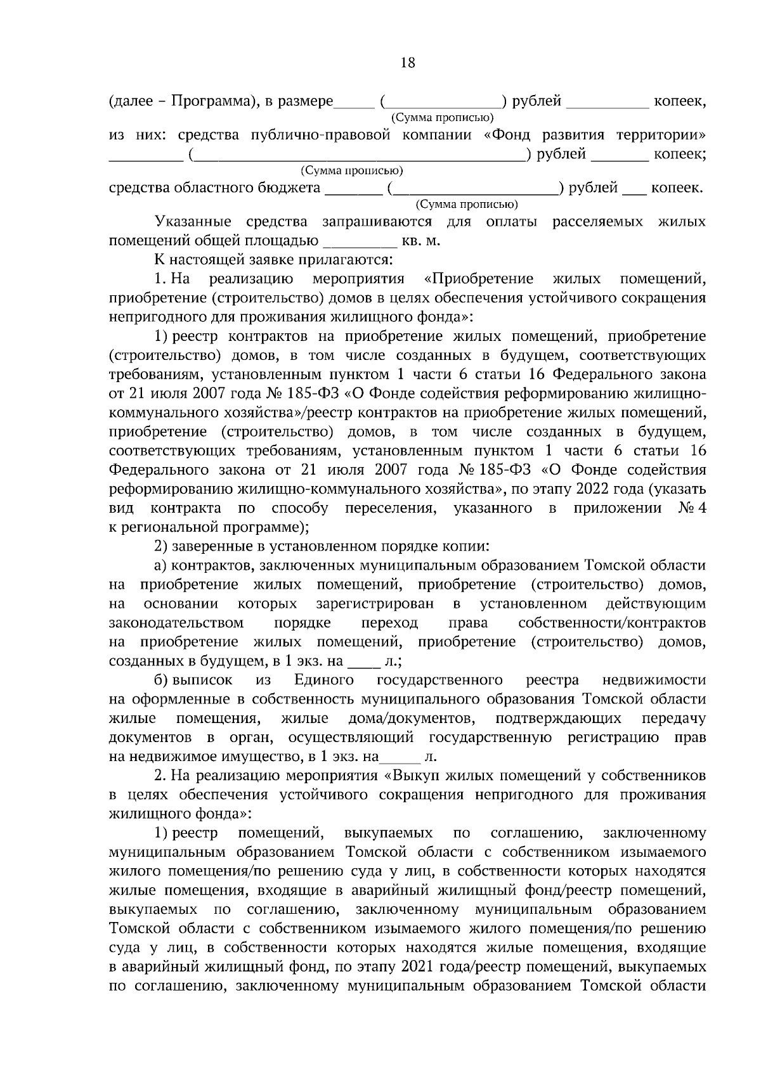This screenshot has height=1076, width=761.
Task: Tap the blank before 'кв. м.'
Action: click(x=360, y=241)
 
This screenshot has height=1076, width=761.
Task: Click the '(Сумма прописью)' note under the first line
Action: click(x=442, y=118)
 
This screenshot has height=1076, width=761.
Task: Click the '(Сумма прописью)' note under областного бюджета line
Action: click(x=466, y=205)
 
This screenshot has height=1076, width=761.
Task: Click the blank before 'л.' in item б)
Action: click(x=400, y=757)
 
